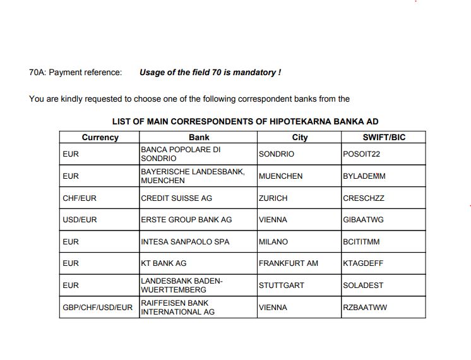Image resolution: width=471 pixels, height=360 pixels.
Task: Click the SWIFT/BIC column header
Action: (384, 137)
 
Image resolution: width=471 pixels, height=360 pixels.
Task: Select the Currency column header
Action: (100, 137)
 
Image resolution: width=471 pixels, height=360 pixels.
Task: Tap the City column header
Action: (299, 137)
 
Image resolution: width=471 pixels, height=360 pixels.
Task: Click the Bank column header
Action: (199, 137)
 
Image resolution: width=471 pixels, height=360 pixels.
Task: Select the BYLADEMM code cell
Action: (364, 176)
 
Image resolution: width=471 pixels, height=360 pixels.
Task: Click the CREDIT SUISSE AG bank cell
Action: (176, 198)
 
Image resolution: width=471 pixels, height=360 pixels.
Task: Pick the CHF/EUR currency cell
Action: (80, 198)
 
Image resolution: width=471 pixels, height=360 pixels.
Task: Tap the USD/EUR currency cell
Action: (80, 220)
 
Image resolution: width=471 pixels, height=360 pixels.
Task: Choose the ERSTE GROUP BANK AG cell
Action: (186, 220)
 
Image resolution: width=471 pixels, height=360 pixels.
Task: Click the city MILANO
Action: (273, 242)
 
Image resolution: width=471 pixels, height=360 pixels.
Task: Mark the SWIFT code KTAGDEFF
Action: (363, 263)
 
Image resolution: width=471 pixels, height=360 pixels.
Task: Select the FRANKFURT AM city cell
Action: (289, 263)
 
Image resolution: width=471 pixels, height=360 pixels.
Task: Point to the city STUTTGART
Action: (282, 285)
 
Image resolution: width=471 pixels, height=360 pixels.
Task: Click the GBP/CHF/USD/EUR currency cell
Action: (98, 308)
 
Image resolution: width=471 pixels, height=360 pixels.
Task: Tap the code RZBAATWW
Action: (365, 308)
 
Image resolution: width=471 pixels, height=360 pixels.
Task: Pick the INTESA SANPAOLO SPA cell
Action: (185, 242)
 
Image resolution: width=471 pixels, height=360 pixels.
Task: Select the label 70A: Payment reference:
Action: (76, 73)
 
